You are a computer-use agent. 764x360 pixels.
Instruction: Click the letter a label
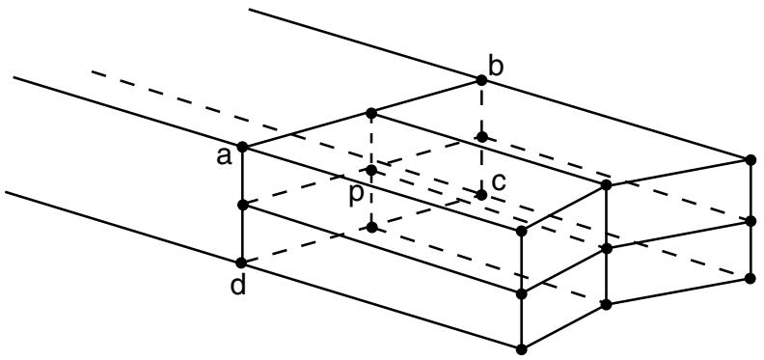224,157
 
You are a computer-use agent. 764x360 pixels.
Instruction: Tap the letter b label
496,68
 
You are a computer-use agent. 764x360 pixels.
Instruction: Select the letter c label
499,182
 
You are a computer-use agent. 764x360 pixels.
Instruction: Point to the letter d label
238,286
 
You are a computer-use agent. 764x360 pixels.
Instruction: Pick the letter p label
356,193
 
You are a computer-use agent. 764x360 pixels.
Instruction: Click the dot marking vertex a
242,147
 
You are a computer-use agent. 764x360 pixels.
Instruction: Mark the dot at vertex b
481,80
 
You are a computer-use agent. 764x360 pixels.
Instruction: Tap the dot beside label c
482,195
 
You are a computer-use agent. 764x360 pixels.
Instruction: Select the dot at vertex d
241,263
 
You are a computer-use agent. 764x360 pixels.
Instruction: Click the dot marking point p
371,170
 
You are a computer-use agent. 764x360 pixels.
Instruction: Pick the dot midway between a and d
243,206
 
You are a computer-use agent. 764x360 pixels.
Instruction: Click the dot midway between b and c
482,137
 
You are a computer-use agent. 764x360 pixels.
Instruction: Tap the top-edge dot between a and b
371,113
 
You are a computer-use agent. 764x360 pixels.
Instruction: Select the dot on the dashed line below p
371,227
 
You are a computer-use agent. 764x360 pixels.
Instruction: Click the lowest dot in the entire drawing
521,349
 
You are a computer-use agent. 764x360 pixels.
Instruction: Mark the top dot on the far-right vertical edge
750,159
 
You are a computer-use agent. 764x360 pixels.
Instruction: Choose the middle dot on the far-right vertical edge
750,220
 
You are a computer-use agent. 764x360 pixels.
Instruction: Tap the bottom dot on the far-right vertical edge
750,278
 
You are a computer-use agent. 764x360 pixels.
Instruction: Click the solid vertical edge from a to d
242,205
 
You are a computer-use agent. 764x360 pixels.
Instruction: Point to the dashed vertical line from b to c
482,138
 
